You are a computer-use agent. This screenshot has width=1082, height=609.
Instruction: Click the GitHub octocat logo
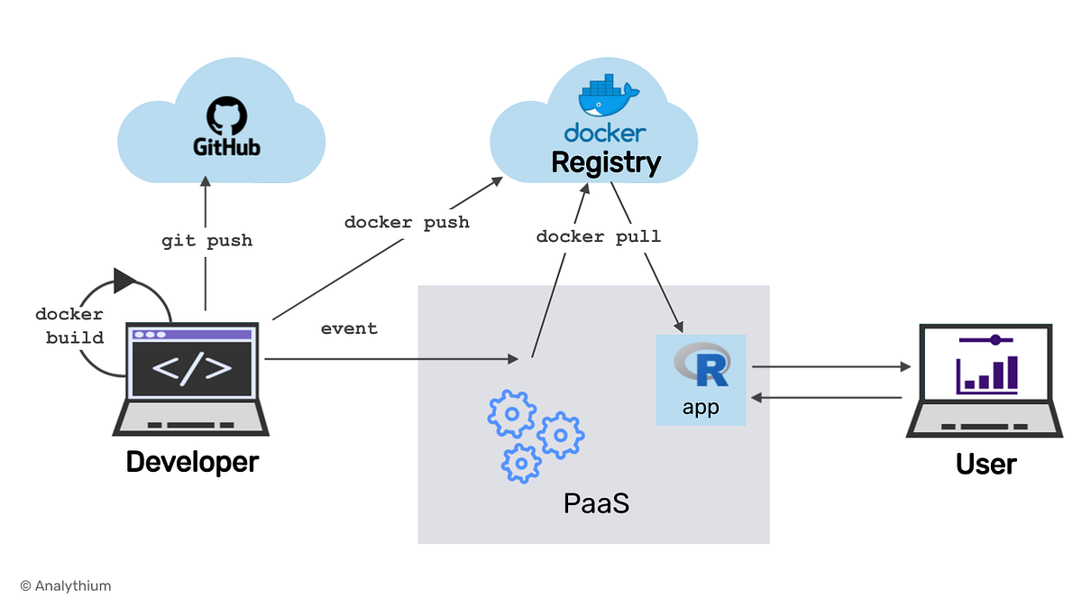[x=226, y=115]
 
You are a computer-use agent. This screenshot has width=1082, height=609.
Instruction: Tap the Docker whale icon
[x=608, y=98]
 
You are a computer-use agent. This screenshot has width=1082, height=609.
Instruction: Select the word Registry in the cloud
[x=605, y=163]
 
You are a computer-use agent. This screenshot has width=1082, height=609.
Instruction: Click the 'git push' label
[x=206, y=241]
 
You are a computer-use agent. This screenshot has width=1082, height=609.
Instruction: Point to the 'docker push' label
[x=407, y=222]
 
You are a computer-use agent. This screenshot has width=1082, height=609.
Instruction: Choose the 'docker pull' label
[x=598, y=236]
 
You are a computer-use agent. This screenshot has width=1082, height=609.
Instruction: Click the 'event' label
[x=349, y=328]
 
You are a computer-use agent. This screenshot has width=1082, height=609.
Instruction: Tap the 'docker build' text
[x=69, y=327]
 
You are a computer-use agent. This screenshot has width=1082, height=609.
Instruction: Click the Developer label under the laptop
[x=192, y=462]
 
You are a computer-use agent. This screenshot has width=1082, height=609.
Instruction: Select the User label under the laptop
[x=986, y=464]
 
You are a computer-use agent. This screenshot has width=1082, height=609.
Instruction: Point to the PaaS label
[x=595, y=502]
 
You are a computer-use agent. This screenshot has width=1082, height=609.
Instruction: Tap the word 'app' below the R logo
[x=701, y=407]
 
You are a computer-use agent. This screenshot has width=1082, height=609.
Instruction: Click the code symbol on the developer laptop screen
[x=192, y=368]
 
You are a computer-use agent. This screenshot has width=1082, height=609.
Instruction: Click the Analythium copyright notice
[x=66, y=586]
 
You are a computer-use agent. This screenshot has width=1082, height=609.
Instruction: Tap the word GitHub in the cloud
[x=226, y=146]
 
